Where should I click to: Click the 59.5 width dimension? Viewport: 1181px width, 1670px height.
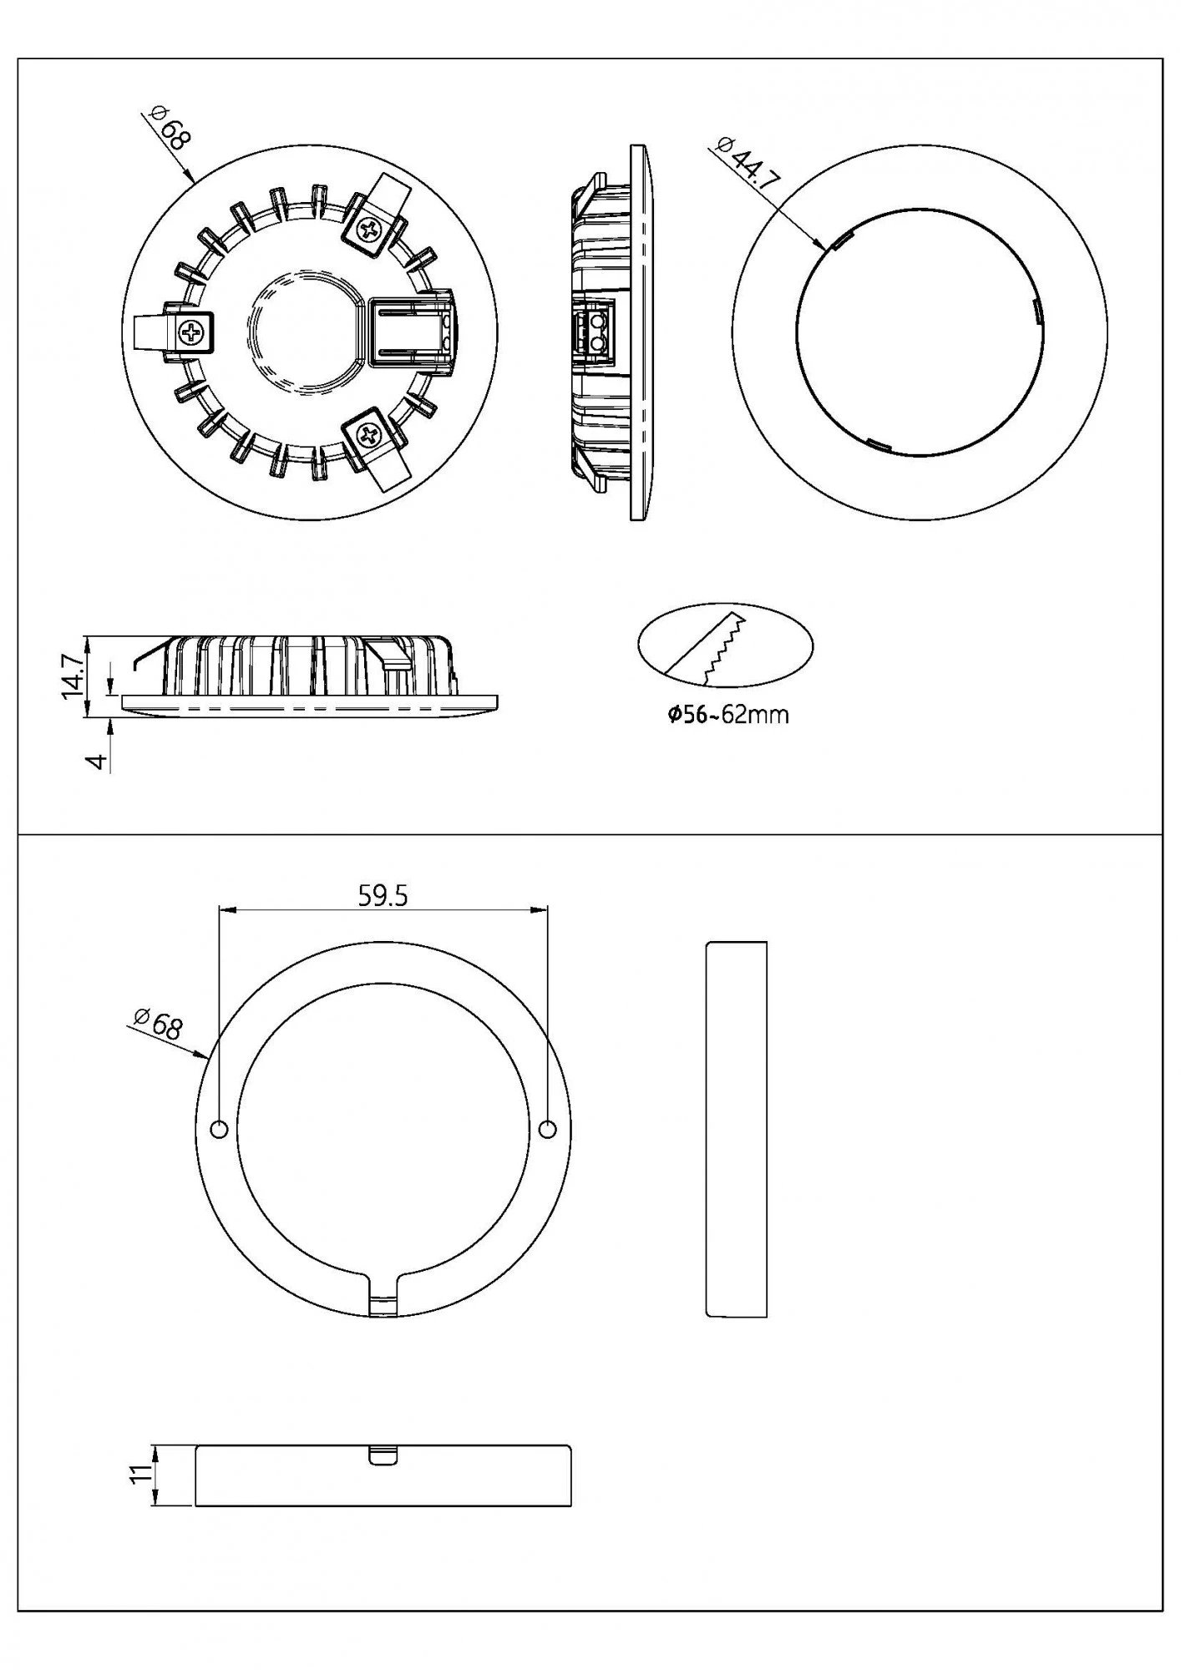(x=383, y=896)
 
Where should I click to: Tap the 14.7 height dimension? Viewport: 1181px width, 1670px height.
(x=73, y=676)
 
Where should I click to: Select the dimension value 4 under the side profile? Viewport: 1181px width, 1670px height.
(x=99, y=761)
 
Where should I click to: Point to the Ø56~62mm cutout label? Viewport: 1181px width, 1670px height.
(x=727, y=715)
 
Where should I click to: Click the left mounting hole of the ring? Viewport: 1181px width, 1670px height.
(x=219, y=1130)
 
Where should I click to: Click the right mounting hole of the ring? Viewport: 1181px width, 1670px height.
(x=548, y=1130)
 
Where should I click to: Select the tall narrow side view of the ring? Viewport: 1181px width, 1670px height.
(x=737, y=1129)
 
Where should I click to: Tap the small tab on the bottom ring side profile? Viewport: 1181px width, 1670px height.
(x=383, y=1455)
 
